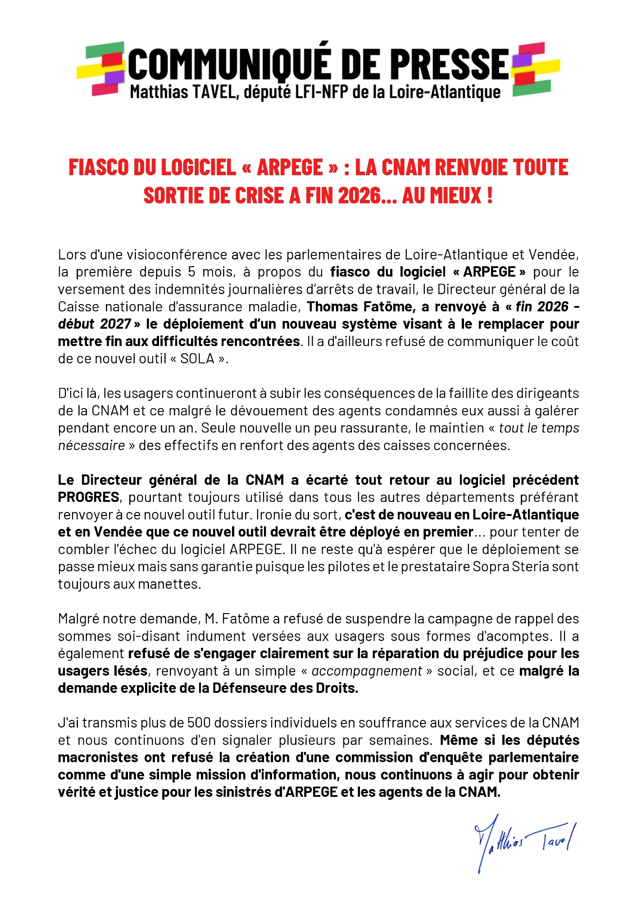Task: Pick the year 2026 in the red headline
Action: click(x=359, y=196)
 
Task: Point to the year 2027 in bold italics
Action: click(x=116, y=324)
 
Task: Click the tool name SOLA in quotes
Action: click(x=197, y=359)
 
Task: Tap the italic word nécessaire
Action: click(x=91, y=446)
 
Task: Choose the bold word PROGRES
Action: click(x=89, y=497)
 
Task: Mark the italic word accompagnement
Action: click(x=367, y=671)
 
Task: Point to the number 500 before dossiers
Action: click(x=199, y=723)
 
